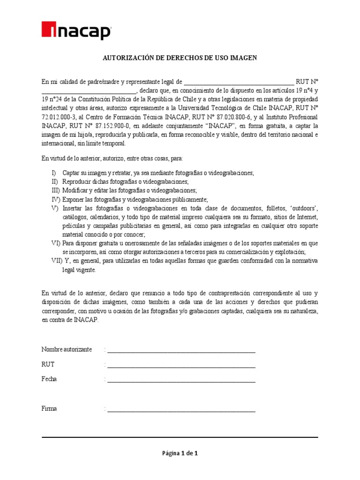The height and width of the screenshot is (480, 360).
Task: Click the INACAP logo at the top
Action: (76, 31)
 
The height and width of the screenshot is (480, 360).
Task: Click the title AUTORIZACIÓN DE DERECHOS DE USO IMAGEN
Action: (180, 58)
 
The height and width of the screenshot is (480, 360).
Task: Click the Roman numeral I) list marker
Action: (54, 173)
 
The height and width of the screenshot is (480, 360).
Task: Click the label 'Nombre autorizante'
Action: (67, 350)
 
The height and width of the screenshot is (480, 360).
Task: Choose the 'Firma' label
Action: (49, 408)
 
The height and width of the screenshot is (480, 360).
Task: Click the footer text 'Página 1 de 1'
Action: (180, 453)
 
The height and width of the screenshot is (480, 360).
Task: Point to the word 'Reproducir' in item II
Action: (77, 182)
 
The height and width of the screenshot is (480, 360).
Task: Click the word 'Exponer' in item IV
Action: (73, 200)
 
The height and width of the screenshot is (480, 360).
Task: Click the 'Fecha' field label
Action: (49, 379)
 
